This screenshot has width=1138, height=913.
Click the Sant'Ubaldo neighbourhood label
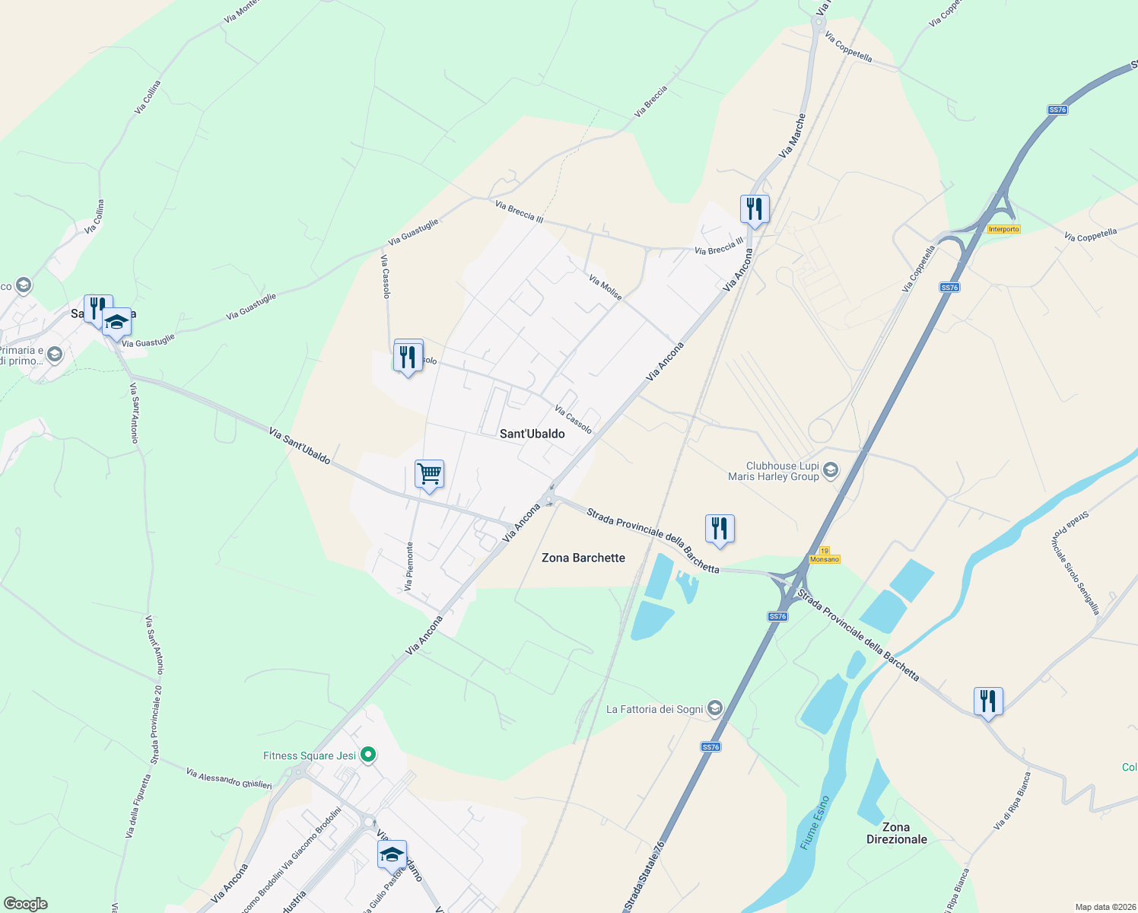532,434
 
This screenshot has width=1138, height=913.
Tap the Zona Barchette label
583,558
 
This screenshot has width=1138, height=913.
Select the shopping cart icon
429,474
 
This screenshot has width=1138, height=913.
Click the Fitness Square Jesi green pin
368,755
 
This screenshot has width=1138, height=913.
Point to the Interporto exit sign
1003,229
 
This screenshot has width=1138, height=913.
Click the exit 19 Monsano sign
825,555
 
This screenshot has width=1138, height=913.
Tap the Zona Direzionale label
896,833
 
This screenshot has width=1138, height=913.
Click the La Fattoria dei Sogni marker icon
714,709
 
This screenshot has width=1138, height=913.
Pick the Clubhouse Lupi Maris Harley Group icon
830,470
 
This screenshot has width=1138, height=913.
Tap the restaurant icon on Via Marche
754,208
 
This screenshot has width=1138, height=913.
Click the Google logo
26,904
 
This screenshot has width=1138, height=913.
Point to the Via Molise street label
606,288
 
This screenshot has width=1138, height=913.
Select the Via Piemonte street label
409,566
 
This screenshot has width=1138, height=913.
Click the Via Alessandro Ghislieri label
229,778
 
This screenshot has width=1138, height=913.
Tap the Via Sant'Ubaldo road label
299,446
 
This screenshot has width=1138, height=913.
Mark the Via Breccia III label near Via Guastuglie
519,212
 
